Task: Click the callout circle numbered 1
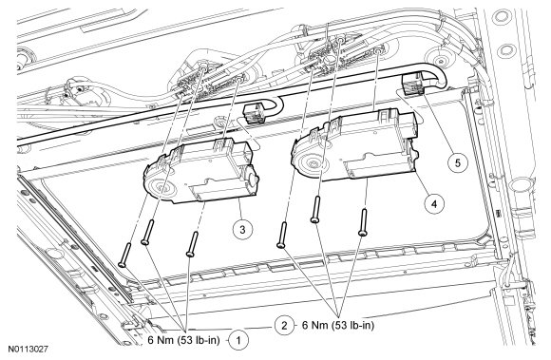point(239,340)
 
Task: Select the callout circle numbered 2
point(284,325)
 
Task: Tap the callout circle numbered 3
point(242,229)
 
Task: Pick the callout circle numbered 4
point(434,203)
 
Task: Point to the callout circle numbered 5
point(457,163)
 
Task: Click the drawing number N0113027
point(28,350)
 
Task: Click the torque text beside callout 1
point(183,340)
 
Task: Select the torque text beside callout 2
point(338,325)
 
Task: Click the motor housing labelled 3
point(201,171)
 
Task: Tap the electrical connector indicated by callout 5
point(412,85)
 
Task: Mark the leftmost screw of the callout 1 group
point(124,255)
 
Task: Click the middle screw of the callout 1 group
point(147,232)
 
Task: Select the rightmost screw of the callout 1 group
point(192,243)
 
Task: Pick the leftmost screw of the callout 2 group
point(282,235)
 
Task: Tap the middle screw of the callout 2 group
point(316,209)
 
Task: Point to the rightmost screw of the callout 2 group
point(363,222)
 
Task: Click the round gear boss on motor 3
point(161,186)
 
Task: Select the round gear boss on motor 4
point(311,161)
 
